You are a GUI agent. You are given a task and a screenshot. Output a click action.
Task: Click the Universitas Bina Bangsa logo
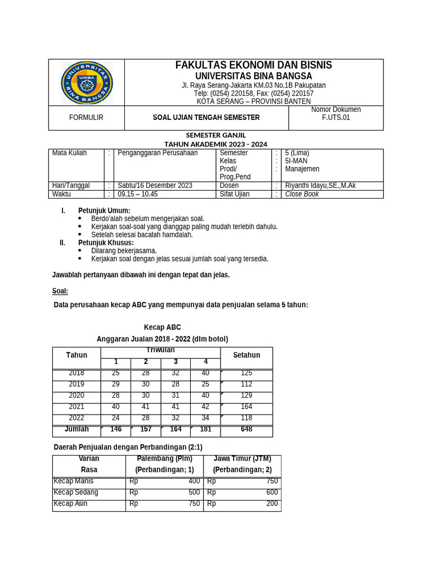(87, 83)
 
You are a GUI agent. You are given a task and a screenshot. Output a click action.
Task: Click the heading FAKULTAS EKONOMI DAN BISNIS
(254, 65)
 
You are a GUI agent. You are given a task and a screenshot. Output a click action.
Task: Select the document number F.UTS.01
(336, 118)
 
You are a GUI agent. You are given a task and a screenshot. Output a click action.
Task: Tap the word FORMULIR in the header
(86, 118)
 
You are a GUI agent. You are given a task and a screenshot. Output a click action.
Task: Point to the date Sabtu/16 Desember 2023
(155, 186)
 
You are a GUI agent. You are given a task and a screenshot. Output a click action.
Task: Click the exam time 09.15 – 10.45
(138, 194)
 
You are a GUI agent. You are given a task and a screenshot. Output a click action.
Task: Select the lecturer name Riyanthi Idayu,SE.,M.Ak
(320, 186)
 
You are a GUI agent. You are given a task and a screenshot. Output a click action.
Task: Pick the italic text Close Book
(302, 194)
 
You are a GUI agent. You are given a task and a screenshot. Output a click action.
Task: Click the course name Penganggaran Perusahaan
(157, 153)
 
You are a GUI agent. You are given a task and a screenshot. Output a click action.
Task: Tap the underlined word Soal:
(60, 291)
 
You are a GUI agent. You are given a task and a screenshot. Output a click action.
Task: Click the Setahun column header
(246, 355)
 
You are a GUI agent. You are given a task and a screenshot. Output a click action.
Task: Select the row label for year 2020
(76, 395)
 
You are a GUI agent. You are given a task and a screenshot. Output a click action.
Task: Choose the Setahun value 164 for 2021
(246, 407)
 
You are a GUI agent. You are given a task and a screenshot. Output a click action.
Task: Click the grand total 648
(246, 429)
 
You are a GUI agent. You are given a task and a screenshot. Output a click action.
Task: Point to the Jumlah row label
(76, 429)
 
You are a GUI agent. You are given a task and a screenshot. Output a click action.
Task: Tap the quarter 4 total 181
(205, 429)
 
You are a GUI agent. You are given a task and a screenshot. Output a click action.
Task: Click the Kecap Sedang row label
(76, 492)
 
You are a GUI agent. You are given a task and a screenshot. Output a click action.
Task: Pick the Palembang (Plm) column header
(164, 458)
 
